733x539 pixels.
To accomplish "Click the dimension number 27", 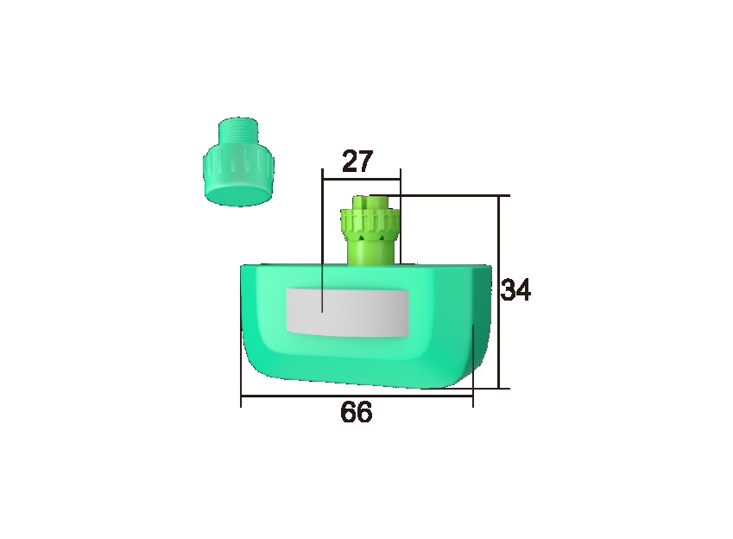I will [357, 162].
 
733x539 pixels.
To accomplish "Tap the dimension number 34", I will [515, 290].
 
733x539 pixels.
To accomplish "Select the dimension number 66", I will [356, 413].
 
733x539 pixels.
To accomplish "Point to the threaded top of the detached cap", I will [239, 130].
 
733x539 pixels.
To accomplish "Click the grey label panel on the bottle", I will [346, 311].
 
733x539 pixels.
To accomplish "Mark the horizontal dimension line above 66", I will [356, 396].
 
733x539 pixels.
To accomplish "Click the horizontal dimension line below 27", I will [360, 180].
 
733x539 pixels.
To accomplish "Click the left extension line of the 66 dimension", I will [241, 363].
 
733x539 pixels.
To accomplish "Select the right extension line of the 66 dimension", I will [473, 363].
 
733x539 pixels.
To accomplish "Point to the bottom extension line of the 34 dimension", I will [488, 389].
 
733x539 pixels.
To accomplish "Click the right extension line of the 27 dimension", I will [401, 216].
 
